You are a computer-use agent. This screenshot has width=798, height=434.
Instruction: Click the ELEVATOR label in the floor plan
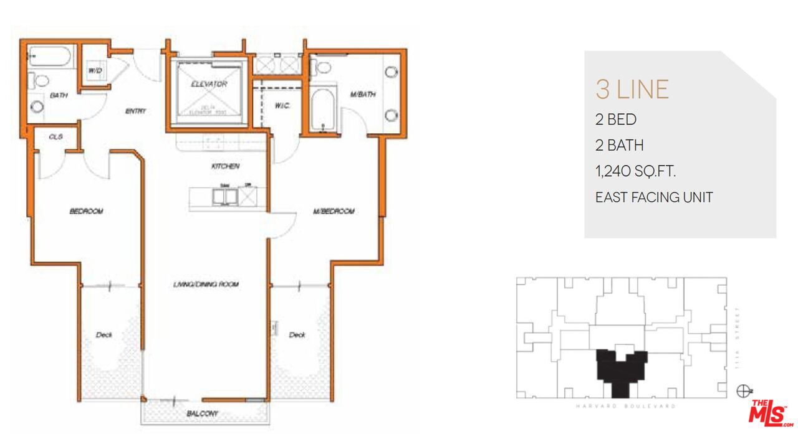(209, 84)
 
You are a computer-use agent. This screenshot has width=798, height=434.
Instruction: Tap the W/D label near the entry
(95, 71)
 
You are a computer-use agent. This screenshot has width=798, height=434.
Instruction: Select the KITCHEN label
(225, 166)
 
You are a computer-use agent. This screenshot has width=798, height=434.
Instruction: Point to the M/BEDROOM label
(334, 212)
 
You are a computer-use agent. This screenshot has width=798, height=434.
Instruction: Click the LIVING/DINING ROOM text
(206, 285)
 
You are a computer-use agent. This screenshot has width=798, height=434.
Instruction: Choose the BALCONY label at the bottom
(203, 413)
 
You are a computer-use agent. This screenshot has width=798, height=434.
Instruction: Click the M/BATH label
(363, 95)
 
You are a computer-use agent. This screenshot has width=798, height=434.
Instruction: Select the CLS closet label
(55, 136)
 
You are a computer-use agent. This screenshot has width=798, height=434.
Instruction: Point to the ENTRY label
(135, 111)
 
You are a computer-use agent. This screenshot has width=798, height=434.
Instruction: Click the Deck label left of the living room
(104, 335)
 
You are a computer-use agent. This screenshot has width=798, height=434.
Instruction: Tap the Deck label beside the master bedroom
(297, 335)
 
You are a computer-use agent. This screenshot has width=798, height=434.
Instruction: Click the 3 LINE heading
(632, 90)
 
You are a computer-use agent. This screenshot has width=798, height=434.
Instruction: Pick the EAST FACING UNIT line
(654, 197)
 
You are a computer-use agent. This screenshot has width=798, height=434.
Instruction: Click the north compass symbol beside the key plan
(743, 391)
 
